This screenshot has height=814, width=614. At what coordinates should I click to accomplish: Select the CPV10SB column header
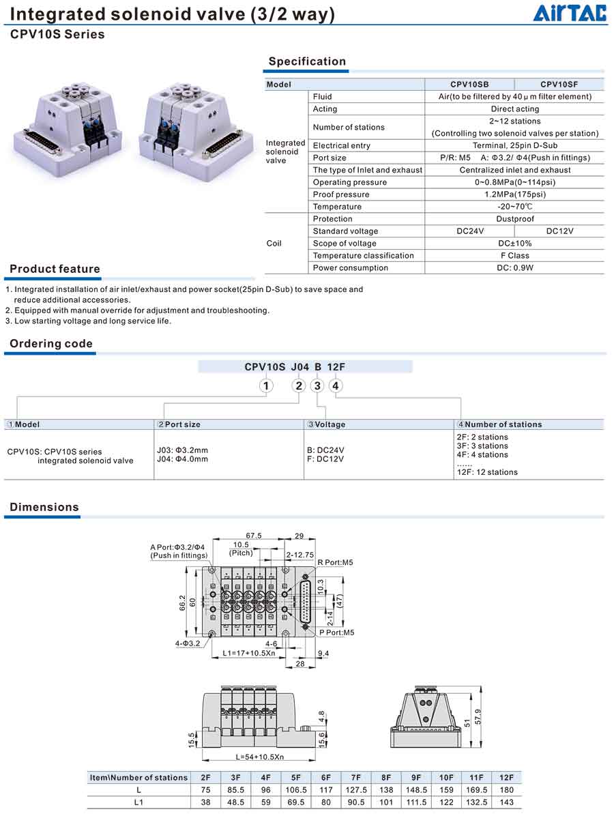pos(469,85)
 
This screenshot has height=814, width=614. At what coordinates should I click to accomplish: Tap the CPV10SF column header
pos(559,85)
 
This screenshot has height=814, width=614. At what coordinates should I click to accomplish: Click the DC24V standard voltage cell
pos(469,231)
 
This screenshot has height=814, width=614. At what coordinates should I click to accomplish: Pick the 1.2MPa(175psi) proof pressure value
pos(514,194)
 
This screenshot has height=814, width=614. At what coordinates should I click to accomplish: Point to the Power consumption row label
pos(350,268)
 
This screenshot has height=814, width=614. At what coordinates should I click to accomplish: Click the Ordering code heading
pos(51,344)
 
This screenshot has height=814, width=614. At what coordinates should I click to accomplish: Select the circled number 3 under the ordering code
pos(317,386)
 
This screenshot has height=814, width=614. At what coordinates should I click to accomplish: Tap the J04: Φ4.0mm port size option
pos(183,459)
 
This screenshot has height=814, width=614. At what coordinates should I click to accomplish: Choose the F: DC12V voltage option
pos(325,459)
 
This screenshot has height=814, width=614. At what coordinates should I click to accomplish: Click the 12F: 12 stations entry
pos(487,472)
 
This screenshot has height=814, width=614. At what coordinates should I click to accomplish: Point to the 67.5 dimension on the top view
pos(254,536)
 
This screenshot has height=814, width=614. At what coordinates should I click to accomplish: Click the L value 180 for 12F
pos(506,790)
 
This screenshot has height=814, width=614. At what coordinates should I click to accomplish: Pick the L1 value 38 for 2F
pos(205,802)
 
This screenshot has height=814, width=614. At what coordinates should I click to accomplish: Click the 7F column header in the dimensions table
pos(356,778)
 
